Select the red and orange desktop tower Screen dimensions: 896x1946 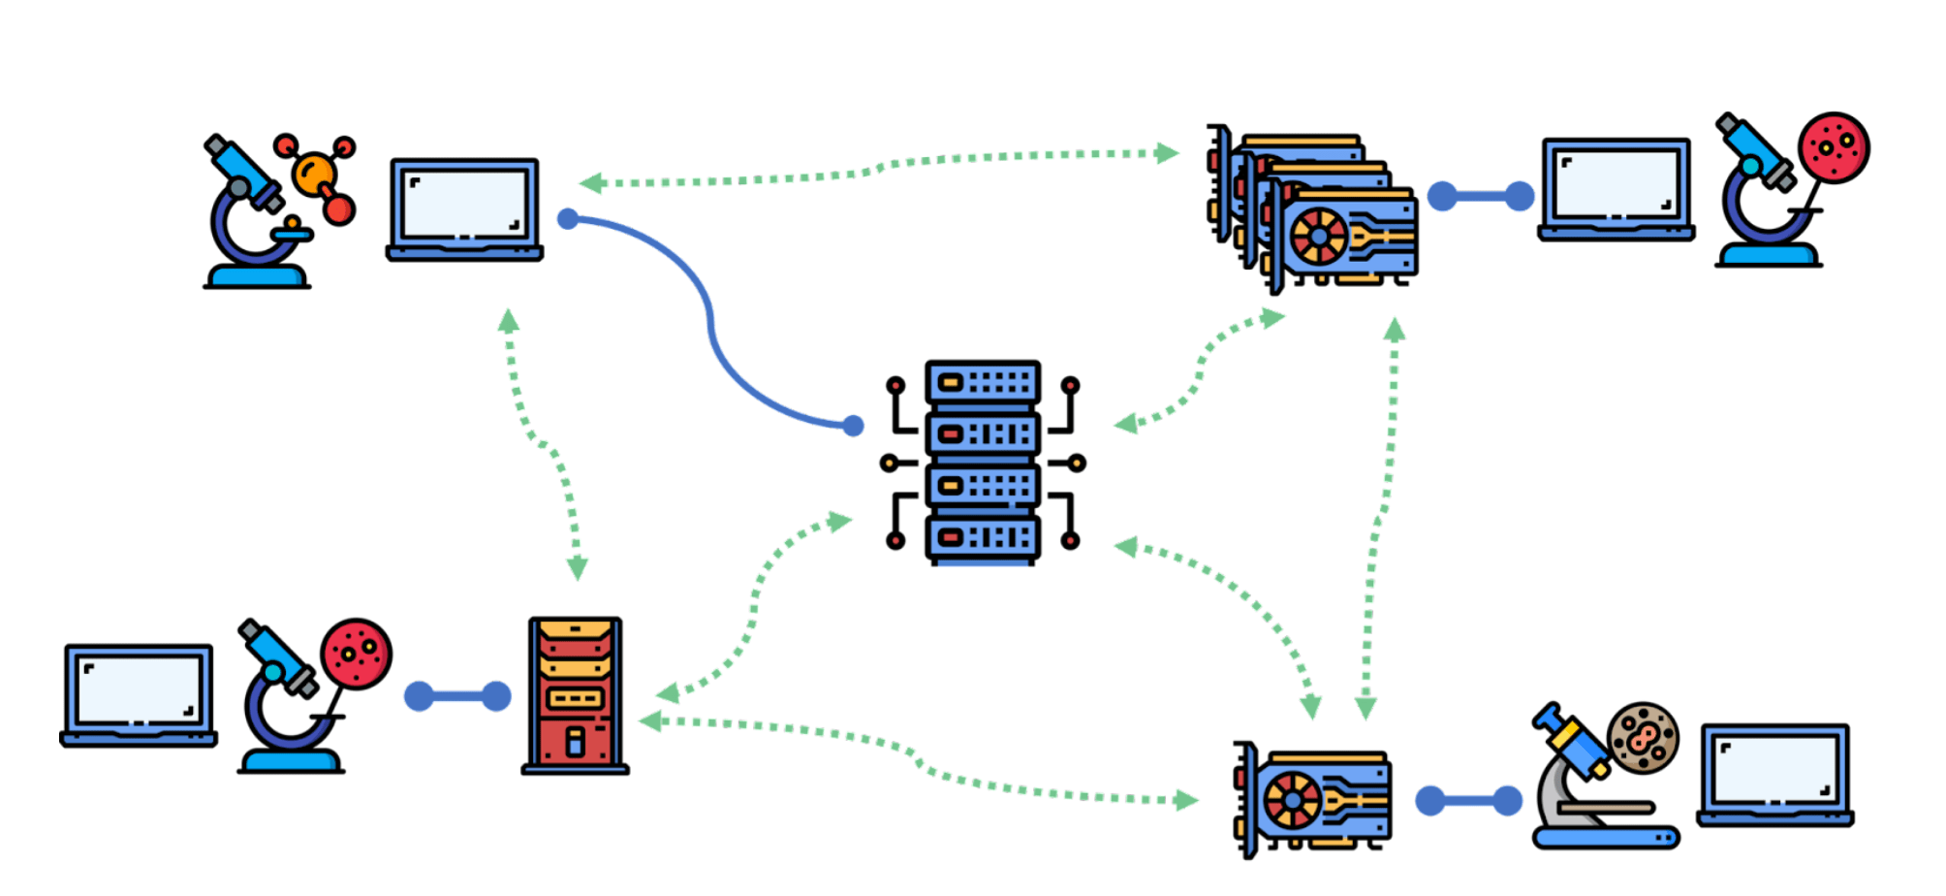575,694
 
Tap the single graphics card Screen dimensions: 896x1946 1315,800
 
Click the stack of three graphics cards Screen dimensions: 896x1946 1313,208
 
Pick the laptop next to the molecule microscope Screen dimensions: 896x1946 464,209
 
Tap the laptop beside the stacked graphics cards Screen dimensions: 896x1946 1616,190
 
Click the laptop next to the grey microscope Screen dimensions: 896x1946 1774,774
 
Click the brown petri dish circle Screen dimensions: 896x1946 1643,738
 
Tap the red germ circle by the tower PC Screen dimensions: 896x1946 356,654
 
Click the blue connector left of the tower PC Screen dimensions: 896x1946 457,696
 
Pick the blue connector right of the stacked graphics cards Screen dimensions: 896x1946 1480,196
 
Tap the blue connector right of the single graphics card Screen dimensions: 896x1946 1467,801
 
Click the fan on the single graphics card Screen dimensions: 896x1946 1292,801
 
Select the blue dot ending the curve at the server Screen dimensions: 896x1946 853,426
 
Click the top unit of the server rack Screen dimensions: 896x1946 982,383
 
